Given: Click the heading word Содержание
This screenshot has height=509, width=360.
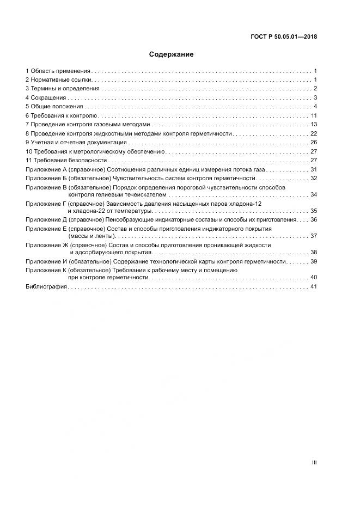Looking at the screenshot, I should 171,54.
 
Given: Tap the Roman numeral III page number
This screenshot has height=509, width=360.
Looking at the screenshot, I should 314,463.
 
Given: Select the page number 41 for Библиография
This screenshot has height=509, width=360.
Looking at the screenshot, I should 313,287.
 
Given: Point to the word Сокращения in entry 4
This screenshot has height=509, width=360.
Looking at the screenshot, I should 47,97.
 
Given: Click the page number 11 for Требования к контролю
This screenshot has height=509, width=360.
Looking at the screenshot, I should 314,116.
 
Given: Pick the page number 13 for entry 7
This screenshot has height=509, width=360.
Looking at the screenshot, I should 314,125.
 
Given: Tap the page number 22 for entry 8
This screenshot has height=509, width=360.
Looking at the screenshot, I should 314,133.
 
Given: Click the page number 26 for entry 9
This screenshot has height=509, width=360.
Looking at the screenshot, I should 314,143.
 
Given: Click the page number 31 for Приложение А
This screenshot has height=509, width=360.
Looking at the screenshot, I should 314,170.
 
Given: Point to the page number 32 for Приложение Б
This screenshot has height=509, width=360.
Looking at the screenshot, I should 314,179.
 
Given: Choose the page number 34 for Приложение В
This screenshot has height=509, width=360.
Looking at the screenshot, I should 314,195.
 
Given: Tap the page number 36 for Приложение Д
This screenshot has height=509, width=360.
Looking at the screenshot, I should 314,220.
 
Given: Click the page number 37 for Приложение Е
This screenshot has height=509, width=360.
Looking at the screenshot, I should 314,236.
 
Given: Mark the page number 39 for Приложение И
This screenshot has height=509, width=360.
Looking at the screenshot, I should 314,262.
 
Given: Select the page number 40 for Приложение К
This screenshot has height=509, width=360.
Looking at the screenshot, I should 314,278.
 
